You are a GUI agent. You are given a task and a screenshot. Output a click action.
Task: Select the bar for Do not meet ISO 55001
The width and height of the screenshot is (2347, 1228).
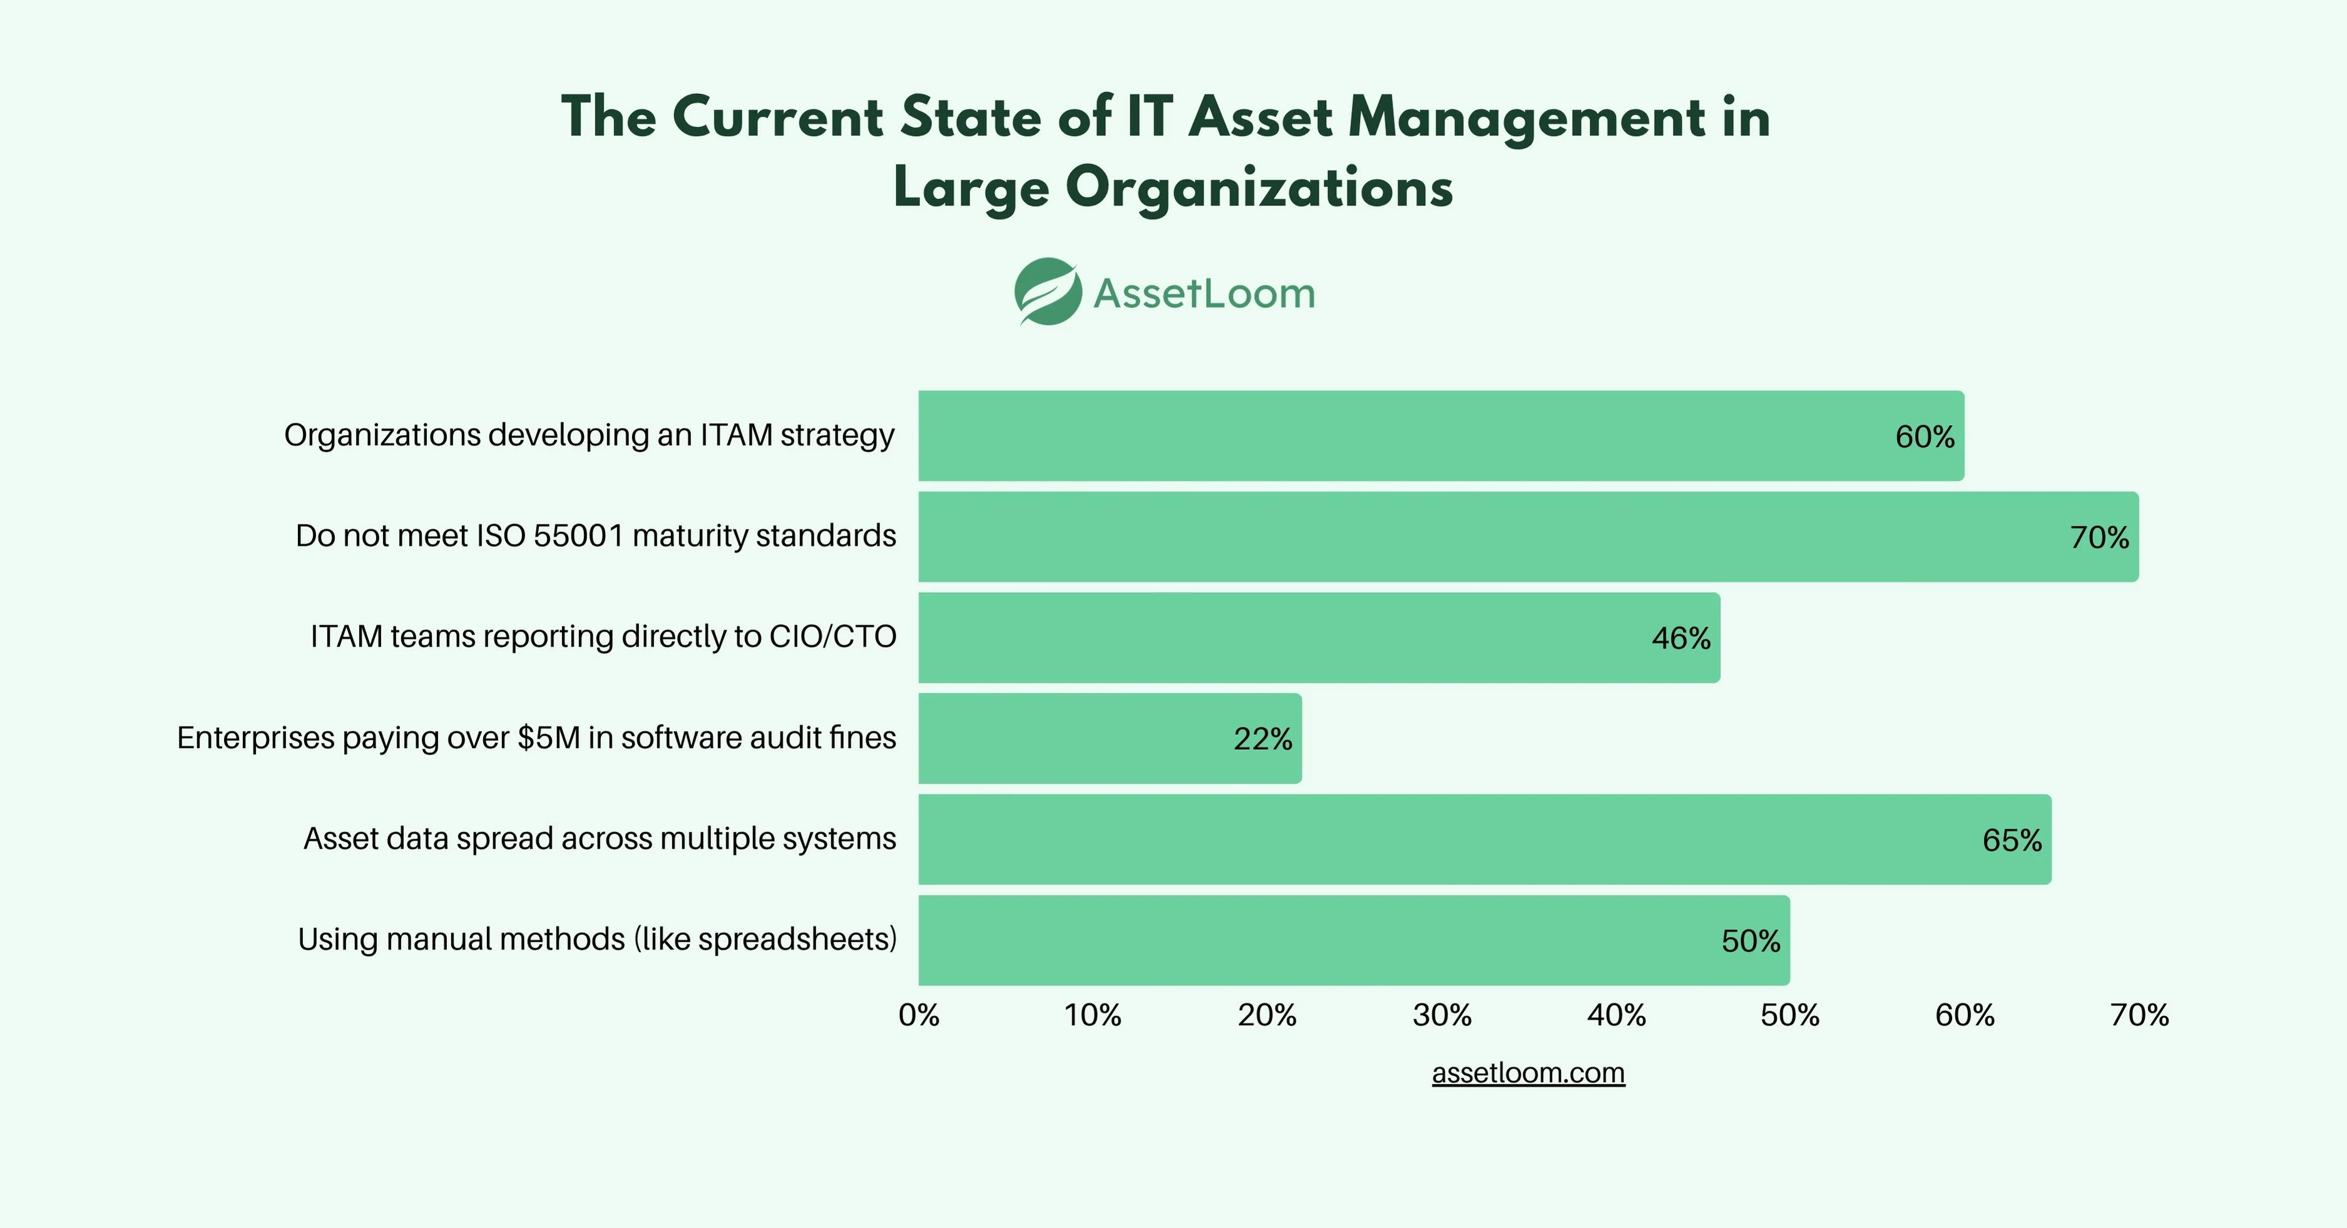1527,536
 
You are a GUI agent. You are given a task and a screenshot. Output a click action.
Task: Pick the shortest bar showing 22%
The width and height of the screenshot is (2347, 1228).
1109,738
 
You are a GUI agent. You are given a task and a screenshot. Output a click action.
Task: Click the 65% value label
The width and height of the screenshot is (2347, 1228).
2011,840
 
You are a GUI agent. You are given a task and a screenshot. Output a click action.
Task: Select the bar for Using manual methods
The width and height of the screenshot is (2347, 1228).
1353,940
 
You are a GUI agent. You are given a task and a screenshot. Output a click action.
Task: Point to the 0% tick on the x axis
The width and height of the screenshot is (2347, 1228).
918,1015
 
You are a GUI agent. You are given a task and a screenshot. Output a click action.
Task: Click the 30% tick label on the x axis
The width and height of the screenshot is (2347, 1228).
1441,1015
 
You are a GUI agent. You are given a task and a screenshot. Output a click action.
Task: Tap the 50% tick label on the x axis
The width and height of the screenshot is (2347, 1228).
1789,1015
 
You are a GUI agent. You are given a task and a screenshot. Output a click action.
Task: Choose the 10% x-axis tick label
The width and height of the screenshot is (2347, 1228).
1092,1015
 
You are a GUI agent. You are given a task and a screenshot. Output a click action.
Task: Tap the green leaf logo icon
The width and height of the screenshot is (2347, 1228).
1048,292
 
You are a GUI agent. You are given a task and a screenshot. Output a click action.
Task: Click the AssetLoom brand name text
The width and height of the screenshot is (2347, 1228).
1204,294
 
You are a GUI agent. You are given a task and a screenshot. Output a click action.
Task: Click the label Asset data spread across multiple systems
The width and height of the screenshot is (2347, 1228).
600,838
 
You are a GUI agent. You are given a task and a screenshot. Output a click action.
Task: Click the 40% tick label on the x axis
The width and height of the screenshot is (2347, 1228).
1616,1015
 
